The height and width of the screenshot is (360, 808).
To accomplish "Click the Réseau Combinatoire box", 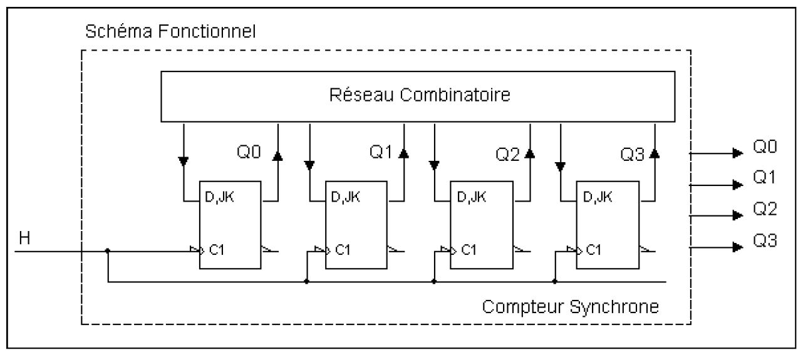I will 418,96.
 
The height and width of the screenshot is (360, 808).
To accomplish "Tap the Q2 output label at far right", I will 764,209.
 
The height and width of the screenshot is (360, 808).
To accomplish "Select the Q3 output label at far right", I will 764,239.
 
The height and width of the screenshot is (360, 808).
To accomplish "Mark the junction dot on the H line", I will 108,250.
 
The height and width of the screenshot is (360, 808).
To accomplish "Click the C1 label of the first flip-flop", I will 217,250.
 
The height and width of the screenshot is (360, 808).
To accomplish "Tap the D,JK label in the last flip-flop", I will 596,198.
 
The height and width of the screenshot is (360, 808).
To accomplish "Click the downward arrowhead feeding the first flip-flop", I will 183,162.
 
